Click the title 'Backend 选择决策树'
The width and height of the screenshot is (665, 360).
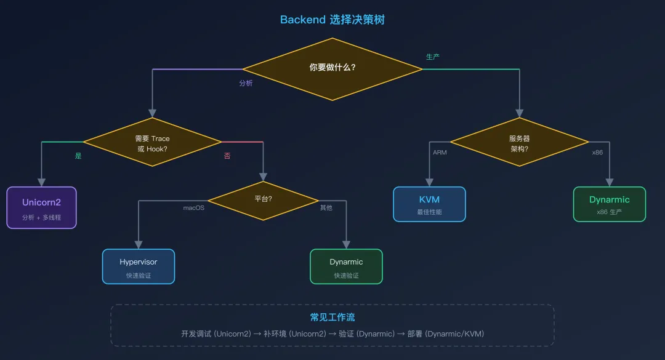pyautogui.click(x=332, y=20)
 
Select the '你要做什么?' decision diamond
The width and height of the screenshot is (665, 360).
pyautogui.click(x=332, y=69)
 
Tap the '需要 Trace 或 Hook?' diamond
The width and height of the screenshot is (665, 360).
pyautogui.click(x=152, y=142)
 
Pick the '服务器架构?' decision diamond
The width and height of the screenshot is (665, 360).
pyautogui.click(x=519, y=142)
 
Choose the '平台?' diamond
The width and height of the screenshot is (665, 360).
pyautogui.click(x=263, y=201)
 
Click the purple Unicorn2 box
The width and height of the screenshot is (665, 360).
pyautogui.click(x=42, y=208)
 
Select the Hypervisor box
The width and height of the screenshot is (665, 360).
pyautogui.click(x=139, y=266)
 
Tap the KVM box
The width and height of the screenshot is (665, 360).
pyautogui.click(x=429, y=204)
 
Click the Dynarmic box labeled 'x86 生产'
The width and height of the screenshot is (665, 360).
pyautogui.click(x=610, y=204)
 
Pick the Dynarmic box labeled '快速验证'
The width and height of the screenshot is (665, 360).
pyautogui.click(x=346, y=266)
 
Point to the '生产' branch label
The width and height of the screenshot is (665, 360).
pyautogui.click(x=433, y=57)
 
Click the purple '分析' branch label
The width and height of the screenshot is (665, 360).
pyautogui.click(x=246, y=83)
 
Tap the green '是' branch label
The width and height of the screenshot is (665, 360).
pyautogui.click(x=78, y=156)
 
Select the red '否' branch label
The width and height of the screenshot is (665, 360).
pyautogui.click(x=227, y=156)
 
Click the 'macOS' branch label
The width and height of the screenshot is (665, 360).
pyautogui.click(x=193, y=208)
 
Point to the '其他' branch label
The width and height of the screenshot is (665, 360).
pyautogui.click(x=326, y=208)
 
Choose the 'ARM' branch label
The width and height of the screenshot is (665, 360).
pyautogui.click(x=440, y=152)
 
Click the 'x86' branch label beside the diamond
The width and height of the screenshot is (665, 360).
pyautogui.click(x=597, y=152)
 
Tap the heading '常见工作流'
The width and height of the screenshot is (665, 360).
pyautogui.click(x=332, y=317)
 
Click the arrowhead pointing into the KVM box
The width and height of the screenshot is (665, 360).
pyautogui.click(x=429, y=183)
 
